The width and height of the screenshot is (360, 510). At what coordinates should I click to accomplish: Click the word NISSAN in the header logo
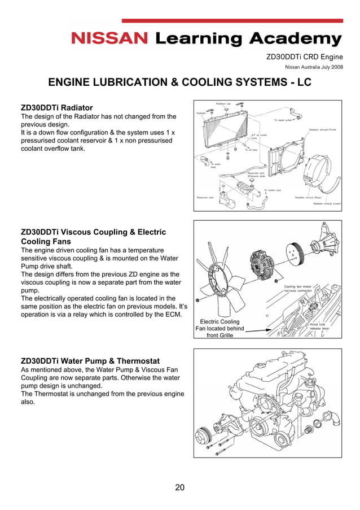(x=109, y=39)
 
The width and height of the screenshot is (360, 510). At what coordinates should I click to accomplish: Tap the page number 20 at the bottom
(x=179, y=487)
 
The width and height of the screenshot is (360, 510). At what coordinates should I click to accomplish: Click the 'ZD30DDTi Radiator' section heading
(x=56, y=107)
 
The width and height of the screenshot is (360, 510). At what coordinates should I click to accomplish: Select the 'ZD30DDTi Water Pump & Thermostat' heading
(x=90, y=361)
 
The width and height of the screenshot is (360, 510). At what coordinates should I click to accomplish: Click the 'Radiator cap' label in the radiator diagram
(x=223, y=104)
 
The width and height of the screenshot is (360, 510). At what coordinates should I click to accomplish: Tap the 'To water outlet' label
(x=283, y=120)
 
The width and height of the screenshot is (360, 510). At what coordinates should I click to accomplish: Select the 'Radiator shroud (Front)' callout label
(x=323, y=129)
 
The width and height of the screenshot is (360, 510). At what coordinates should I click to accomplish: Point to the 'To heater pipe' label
(x=273, y=190)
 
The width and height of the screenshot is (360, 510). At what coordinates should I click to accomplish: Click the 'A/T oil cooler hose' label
(x=259, y=137)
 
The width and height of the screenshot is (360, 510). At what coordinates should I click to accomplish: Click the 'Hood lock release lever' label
(x=317, y=326)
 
